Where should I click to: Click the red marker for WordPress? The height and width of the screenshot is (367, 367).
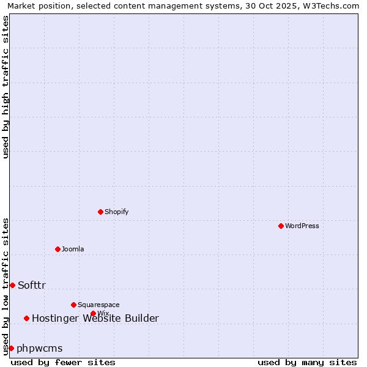[x=281, y=226]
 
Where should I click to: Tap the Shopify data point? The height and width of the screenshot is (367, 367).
[x=100, y=212]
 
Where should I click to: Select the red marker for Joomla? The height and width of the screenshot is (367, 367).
[x=57, y=249]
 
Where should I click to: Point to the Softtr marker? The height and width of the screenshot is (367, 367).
[x=12, y=285]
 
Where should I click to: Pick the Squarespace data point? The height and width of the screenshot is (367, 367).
[x=73, y=305]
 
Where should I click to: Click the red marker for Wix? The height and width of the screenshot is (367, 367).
[x=93, y=313]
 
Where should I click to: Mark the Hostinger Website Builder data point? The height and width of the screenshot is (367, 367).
[x=26, y=318]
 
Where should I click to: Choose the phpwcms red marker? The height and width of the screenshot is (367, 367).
[x=11, y=348]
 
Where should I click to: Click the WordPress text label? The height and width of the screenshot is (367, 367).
[x=302, y=226]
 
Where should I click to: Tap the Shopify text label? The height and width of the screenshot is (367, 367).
[x=116, y=212]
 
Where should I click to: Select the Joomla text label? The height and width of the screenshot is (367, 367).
[x=73, y=249]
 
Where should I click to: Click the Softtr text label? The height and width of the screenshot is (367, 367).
[x=32, y=285]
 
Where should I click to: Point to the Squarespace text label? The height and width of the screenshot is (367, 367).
[x=98, y=305]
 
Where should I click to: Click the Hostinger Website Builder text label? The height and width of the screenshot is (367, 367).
[x=95, y=318]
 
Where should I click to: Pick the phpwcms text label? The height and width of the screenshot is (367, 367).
[x=40, y=348]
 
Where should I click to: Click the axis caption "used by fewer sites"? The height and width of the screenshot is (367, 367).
[x=63, y=362]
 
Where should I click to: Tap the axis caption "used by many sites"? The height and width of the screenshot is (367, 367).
[x=307, y=362]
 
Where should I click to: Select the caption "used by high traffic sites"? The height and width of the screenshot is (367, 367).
[x=6, y=87]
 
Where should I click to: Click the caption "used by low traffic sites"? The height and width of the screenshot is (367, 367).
[x=6, y=286]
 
